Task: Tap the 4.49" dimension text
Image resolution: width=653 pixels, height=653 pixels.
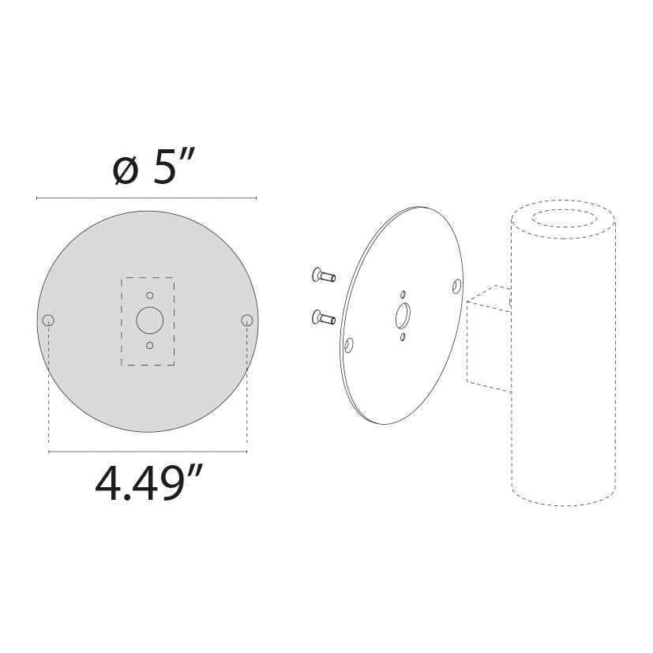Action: pyautogui.click(x=149, y=484)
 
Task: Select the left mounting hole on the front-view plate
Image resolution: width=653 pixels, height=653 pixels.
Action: pyautogui.click(x=49, y=320)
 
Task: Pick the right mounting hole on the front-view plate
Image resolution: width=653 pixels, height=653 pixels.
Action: pyautogui.click(x=247, y=320)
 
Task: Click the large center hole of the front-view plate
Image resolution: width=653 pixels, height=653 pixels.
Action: pyautogui.click(x=148, y=320)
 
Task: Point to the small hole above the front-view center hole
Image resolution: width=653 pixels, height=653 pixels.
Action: pyautogui.click(x=148, y=295)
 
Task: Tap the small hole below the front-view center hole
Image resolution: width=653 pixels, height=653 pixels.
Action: pyautogui.click(x=148, y=346)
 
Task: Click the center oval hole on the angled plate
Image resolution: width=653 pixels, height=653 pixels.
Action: pyautogui.click(x=403, y=316)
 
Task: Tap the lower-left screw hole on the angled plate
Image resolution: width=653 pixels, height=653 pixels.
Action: pyautogui.click(x=349, y=344)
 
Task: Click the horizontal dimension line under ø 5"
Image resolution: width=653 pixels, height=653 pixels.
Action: pyautogui.click(x=147, y=197)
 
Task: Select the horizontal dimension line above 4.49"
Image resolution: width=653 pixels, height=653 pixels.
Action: pyautogui.click(x=148, y=452)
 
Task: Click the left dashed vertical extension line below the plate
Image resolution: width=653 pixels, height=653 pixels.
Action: pyautogui.click(x=49, y=387)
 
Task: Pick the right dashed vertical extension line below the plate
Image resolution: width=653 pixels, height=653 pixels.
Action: pyautogui.click(x=247, y=387)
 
